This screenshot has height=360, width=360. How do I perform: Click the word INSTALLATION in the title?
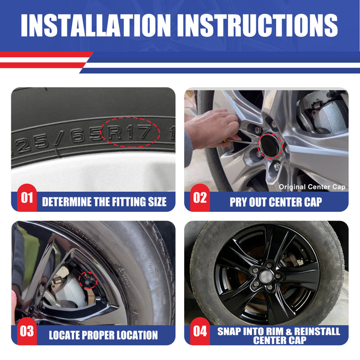(96, 25)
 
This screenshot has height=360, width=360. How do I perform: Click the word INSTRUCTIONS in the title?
(260, 25)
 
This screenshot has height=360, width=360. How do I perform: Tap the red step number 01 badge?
(27, 197)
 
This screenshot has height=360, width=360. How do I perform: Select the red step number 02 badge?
(200, 197)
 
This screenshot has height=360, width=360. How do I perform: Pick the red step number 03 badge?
(27, 331)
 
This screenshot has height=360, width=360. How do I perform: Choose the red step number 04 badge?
(200, 331)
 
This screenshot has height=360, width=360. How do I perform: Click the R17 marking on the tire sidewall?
(130, 132)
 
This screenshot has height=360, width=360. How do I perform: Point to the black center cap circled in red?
(270, 146)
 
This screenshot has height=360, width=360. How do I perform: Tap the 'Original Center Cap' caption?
(312, 187)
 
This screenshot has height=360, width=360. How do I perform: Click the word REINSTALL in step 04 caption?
(317, 332)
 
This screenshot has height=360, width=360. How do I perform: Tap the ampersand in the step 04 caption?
(289, 332)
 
